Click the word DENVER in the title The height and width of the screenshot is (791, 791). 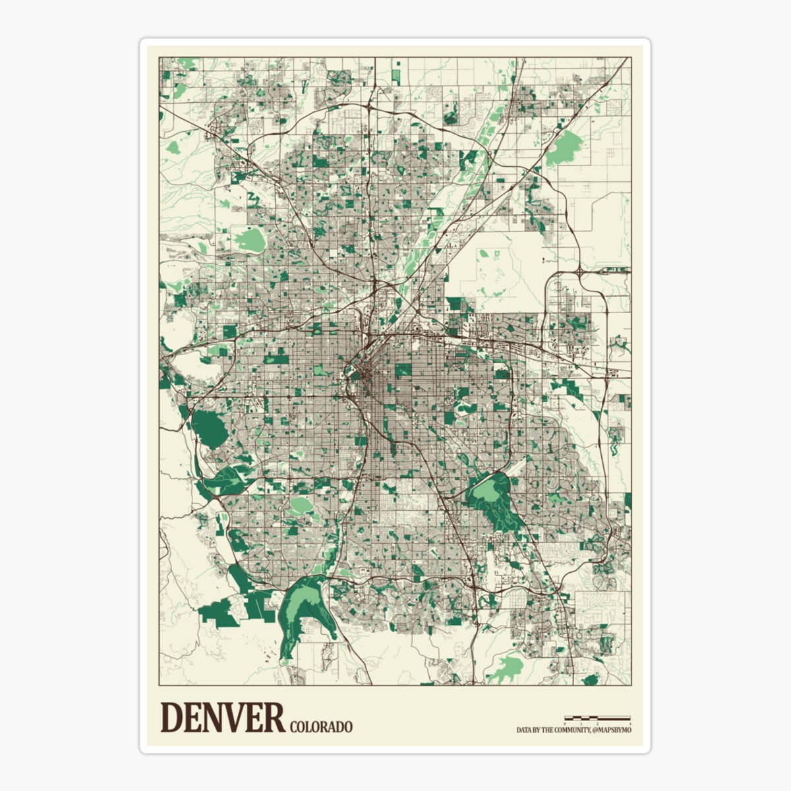[x=222, y=718]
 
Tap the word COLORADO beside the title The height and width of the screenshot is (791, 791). [x=320, y=727]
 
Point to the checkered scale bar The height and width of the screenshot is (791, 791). [x=597, y=717]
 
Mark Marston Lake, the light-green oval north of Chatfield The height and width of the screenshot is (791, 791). [x=301, y=506]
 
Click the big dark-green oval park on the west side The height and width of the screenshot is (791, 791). [x=209, y=427]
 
